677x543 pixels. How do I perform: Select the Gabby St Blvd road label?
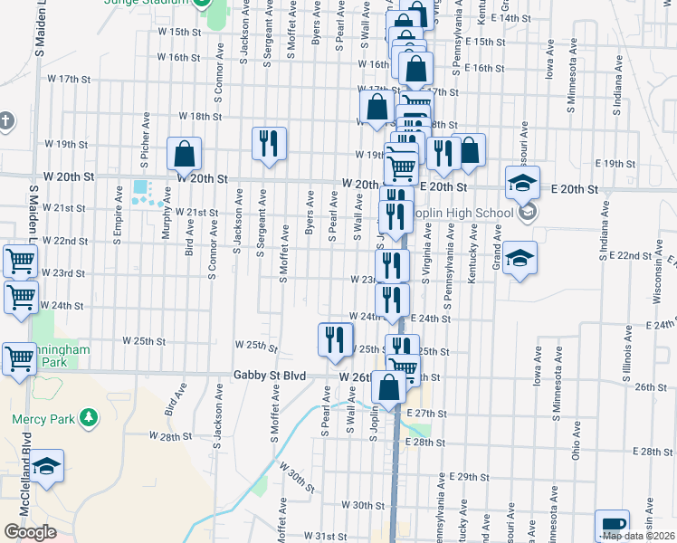pos(268,376)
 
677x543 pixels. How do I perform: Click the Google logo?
pos(30,531)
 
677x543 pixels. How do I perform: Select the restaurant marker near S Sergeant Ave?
pos(269,144)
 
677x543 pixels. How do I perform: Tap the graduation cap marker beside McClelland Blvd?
pos(47,466)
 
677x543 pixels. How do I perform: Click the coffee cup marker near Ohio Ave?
pos(612,526)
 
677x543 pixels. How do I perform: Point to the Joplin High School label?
pos(463,214)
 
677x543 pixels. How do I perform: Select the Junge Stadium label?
pos(161,3)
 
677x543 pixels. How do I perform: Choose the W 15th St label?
pos(178,32)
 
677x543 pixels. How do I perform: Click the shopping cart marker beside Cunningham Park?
pos(19,358)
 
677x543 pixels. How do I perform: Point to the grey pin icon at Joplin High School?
pos(529,214)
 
